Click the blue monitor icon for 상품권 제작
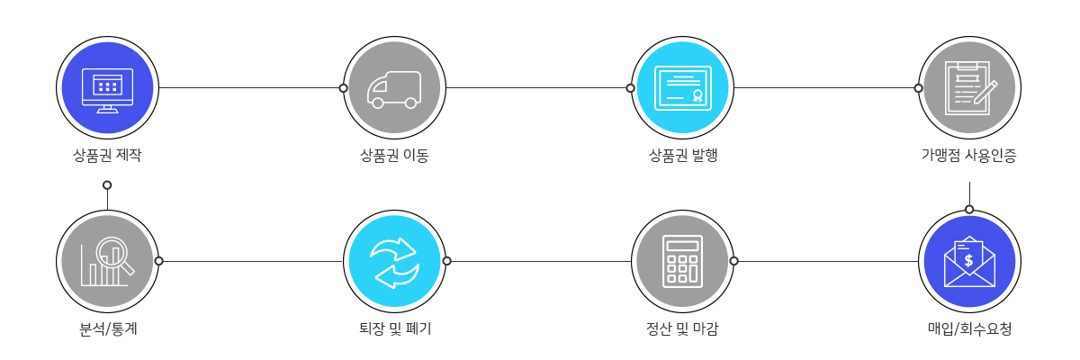107,88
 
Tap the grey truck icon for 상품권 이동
394,88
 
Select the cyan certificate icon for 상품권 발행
682,88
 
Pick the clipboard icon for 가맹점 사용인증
969,88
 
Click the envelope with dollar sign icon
969,261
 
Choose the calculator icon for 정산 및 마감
682,261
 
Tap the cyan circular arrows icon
394,261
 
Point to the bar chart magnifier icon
107,261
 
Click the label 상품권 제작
107,155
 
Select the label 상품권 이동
394,155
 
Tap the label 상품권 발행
682,155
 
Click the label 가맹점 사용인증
969,155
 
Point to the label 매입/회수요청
969,328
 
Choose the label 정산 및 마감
682,328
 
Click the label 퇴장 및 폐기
394,328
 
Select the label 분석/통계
107,328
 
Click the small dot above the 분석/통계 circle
107,184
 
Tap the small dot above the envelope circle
969,209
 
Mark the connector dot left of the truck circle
343,88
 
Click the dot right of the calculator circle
733,261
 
